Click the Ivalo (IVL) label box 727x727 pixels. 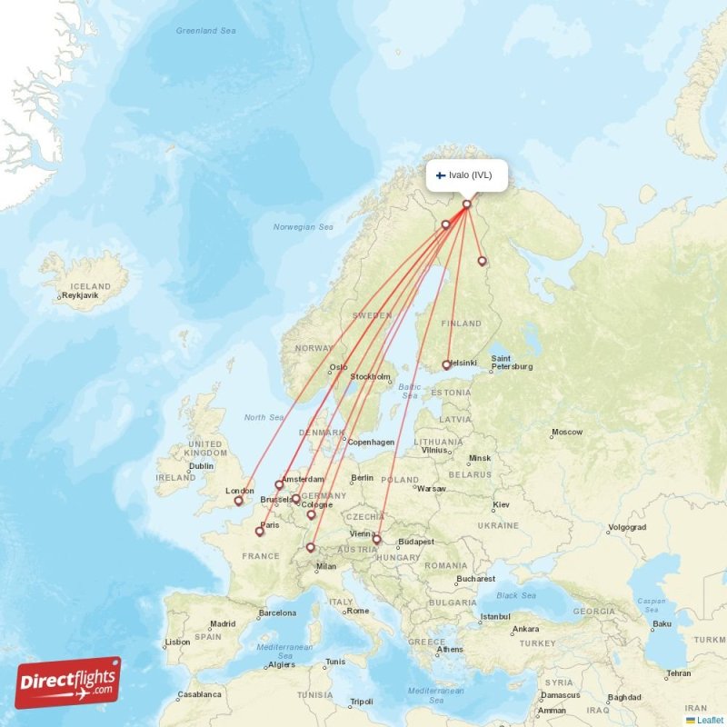point(466,175)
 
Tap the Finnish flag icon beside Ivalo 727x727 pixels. point(441,175)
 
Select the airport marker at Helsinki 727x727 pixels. point(446,365)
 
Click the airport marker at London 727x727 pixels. point(239,501)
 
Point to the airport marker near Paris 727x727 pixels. point(260,532)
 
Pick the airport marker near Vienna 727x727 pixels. point(376,540)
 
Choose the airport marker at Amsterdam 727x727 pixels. point(280,484)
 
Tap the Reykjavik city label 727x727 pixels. point(80,295)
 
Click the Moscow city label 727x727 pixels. point(566,432)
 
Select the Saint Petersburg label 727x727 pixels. point(512,363)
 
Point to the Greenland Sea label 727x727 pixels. point(205,31)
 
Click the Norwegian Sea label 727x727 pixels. point(304,227)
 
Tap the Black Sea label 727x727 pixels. point(516,595)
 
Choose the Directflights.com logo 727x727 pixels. point(68,682)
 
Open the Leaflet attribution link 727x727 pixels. point(710,720)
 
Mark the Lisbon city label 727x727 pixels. point(178,642)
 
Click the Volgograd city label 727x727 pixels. point(627,527)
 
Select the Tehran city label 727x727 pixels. point(678,673)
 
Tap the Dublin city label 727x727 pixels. point(201,466)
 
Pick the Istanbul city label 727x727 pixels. point(495,617)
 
